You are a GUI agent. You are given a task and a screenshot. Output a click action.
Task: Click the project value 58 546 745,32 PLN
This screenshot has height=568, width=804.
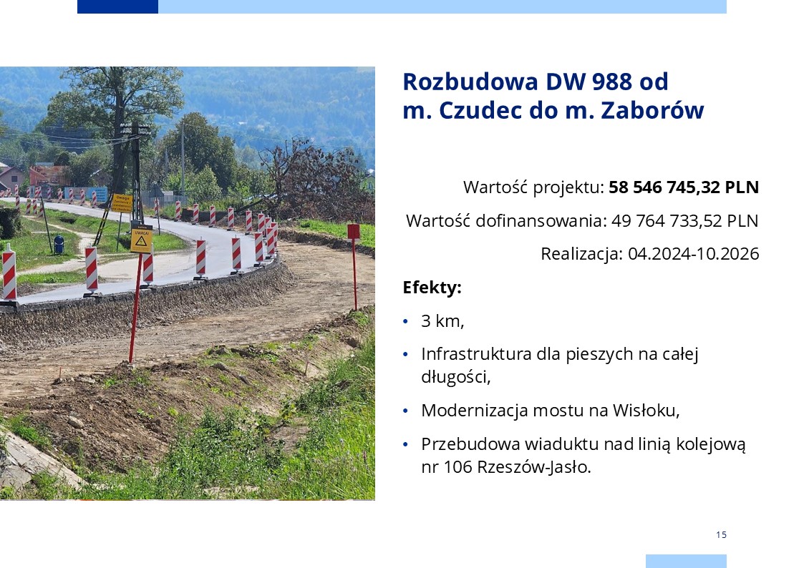pyautogui.click(x=684, y=187)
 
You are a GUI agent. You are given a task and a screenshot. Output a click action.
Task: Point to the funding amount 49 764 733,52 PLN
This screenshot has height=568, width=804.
pyautogui.click(x=684, y=221)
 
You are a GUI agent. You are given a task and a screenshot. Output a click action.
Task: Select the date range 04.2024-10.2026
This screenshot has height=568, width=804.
pyautogui.click(x=693, y=254)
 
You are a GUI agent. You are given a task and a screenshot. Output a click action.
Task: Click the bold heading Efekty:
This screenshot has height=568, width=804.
pyautogui.click(x=432, y=288)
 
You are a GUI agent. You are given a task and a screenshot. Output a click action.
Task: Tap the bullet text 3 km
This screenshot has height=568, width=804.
pyautogui.click(x=442, y=321)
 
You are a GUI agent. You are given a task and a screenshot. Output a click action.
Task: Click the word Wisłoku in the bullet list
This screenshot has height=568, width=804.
pyautogui.click(x=646, y=411)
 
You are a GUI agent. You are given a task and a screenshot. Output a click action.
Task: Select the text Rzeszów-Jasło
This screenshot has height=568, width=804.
pyautogui.click(x=534, y=467)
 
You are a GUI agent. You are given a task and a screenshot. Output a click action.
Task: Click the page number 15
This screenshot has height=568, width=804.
pyautogui.click(x=721, y=534)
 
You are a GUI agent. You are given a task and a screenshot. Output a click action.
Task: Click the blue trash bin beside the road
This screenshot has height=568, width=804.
pyautogui.click(x=59, y=245)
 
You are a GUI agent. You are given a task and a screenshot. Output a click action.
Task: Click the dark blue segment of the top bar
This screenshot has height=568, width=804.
pyautogui.click(x=117, y=6)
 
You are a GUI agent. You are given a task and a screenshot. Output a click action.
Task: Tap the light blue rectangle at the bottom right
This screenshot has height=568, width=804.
pyautogui.click(x=686, y=561)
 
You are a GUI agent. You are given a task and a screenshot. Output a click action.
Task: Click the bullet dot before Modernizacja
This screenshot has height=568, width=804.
pyautogui.click(x=406, y=411)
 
